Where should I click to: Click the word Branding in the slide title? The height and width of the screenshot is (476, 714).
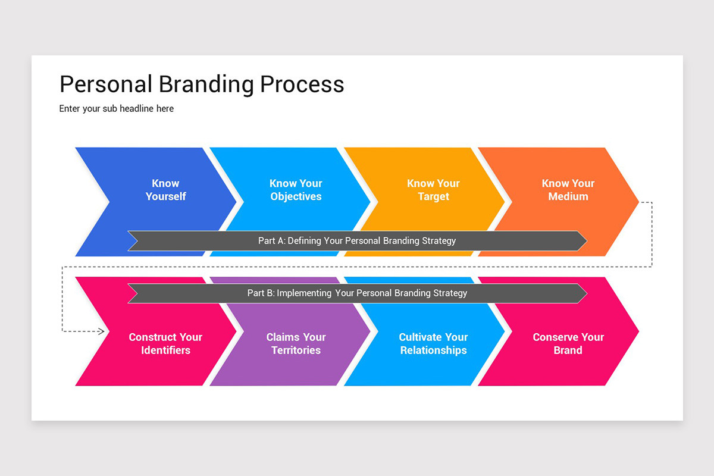pyautogui.click(x=206, y=84)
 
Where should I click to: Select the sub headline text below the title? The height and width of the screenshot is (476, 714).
pyautogui.click(x=117, y=109)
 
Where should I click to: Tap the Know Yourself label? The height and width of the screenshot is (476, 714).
pyautogui.click(x=166, y=190)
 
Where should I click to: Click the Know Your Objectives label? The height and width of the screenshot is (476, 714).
pyautogui.click(x=296, y=190)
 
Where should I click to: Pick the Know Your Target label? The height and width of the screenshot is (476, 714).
pyautogui.click(x=434, y=190)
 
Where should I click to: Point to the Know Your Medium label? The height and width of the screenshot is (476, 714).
pyautogui.click(x=568, y=190)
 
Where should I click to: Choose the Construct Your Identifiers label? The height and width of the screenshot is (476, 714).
pyautogui.click(x=165, y=343)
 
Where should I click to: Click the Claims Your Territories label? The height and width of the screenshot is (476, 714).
pyautogui.click(x=296, y=343)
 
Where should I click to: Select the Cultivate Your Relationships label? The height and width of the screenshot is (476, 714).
pyautogui.click(x=434, y=343)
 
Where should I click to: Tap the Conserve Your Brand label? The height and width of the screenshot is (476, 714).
pyautogui.click(x=568, y=343)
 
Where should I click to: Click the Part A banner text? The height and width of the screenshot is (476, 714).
pyautogui.click(x=357, y=241)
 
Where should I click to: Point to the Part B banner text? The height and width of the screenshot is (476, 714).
pyautogui.click(x=357, y=293)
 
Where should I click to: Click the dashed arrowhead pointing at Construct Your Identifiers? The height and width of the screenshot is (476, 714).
pyautogui.click(x=101, y=331)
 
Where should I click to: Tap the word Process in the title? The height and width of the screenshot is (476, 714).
pyautogui.click(x=302, y=84)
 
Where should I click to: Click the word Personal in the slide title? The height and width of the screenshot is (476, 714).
pyautogui.click(x=106, y=84)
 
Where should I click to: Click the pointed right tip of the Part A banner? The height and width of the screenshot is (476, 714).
pyautogui.click(x=587, y=241)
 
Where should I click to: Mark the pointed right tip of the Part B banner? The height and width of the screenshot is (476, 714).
pyautogui.click(x=587, y=293)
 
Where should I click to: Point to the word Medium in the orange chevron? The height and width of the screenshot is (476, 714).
pyautogui.click(x=568, y=196)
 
